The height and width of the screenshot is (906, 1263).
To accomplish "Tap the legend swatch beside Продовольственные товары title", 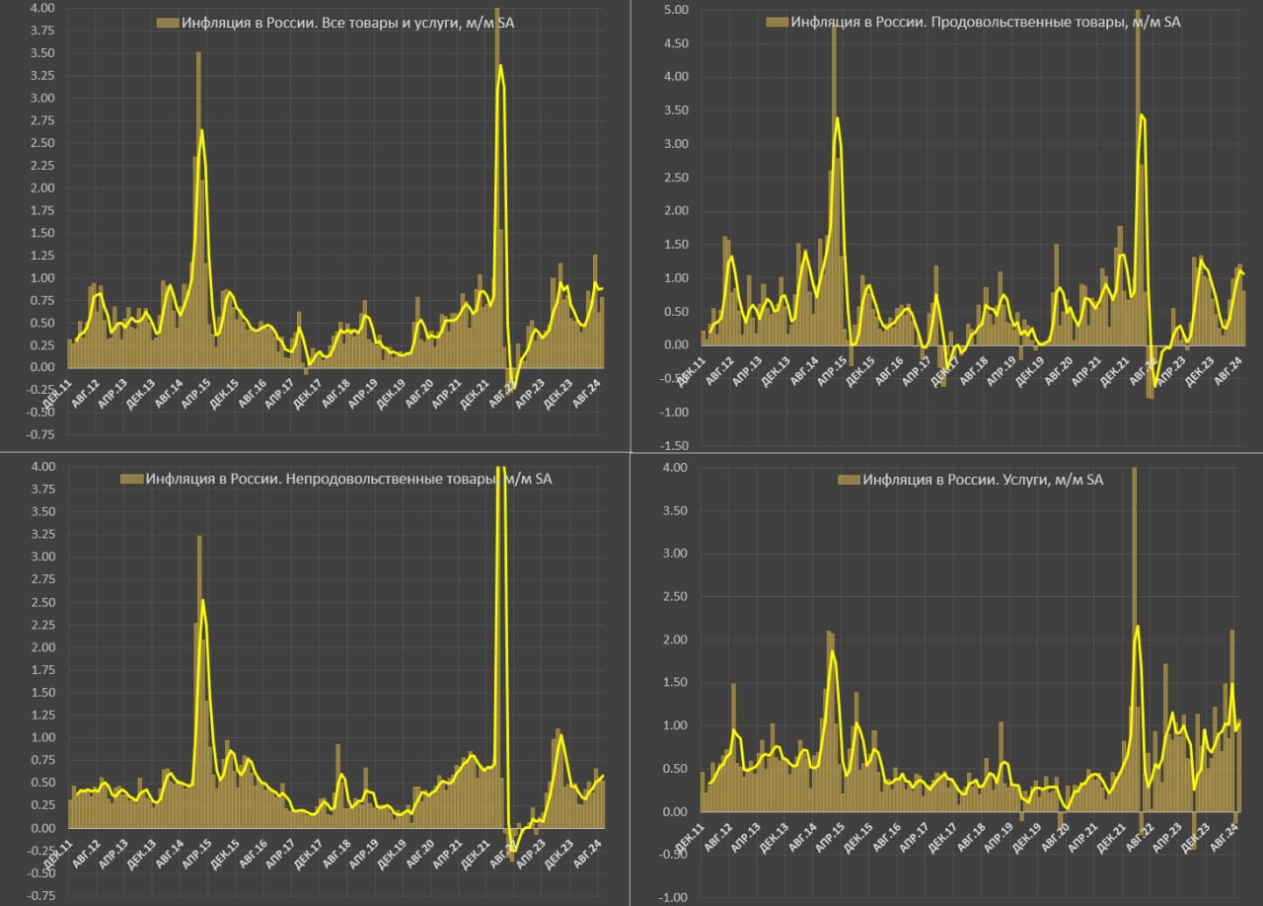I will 777,22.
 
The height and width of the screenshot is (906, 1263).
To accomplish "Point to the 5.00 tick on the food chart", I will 676,10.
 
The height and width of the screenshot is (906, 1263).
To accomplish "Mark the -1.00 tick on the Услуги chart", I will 675,897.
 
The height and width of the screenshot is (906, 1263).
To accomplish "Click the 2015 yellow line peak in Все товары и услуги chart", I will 201,130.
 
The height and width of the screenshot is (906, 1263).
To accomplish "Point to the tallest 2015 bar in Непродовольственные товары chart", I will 199,538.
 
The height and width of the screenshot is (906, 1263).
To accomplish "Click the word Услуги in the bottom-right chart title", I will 1021,480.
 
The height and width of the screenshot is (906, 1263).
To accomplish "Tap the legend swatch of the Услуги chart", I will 848,480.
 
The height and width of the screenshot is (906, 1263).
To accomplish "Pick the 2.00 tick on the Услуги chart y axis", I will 675,640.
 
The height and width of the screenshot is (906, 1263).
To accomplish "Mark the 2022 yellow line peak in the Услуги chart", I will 1138,627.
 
